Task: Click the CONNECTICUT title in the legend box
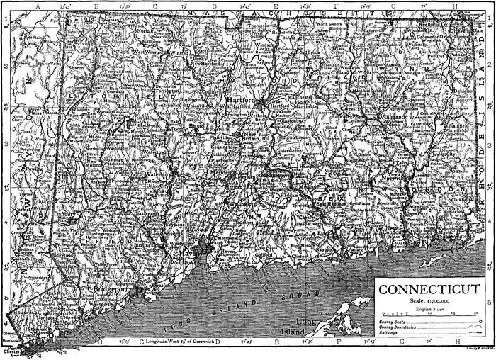pos(429,290)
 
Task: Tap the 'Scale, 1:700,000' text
pos(429,302)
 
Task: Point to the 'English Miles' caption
pos(429,309)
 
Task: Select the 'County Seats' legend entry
pos(394,323)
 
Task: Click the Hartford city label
pos(239,101)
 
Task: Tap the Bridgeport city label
pos(109,291)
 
